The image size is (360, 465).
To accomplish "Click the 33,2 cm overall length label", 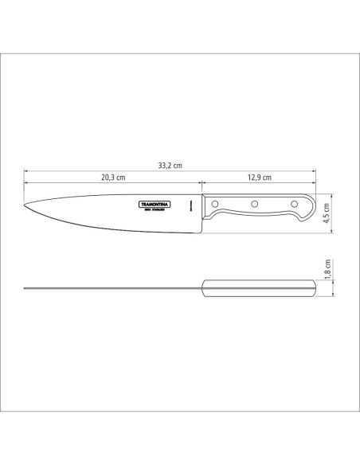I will tap(170, 166).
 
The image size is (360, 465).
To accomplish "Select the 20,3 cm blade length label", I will tap(112, 178).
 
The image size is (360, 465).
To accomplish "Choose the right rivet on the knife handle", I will tap(292, 205).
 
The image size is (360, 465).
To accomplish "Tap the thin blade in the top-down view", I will tap(112, 287).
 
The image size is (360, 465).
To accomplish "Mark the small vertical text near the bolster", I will tap(192, 205).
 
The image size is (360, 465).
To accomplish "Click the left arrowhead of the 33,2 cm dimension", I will tap(26, 171).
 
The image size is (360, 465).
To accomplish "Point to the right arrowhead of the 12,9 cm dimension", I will tap(315, 183).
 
